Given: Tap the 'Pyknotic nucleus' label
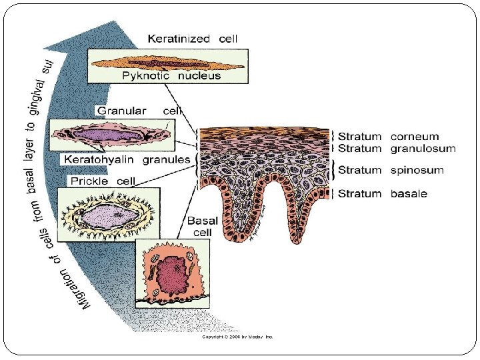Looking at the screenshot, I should tap(171, 76).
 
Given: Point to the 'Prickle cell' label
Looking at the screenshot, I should tap(103, 181).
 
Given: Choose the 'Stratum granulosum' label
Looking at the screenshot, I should tap(397, 149).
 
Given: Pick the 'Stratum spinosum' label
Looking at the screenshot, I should tap(391, 170).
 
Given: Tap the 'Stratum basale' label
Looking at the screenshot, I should tap(383, 194).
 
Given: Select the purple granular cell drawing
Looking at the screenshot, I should tap(113, 135).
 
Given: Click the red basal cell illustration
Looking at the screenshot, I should tap(172, 274).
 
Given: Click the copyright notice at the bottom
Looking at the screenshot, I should tap(238, 337).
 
